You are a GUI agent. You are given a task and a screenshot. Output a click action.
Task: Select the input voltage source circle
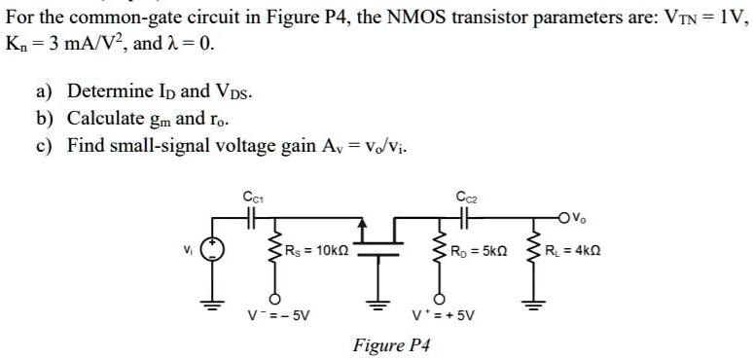[x=210, y=252]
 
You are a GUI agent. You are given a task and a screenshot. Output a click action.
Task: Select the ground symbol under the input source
[x=210, y=298]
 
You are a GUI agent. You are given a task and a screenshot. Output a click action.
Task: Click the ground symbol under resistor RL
[x=532, y=298]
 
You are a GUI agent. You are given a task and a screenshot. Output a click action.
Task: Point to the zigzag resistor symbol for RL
[x=532, y=252]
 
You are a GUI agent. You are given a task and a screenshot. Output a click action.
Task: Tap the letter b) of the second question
[x=45, y=119]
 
